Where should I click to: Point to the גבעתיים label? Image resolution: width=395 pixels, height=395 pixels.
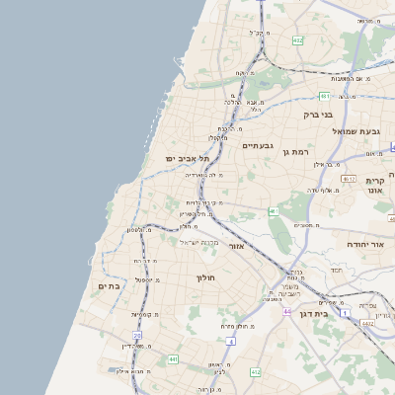pos(256,144)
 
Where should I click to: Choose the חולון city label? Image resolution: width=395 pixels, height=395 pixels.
pos(206,278)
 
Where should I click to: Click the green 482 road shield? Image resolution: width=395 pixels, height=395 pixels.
pos(297,40)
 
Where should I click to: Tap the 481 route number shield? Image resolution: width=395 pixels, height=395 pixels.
pos(324,96)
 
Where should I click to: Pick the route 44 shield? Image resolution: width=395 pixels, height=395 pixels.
pos(285,312)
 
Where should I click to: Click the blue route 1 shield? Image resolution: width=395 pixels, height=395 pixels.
pos(345,313)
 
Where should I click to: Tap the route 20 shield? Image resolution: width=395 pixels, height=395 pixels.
pos(138,337)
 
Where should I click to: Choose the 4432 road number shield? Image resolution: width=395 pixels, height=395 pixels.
pos(367,323)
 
